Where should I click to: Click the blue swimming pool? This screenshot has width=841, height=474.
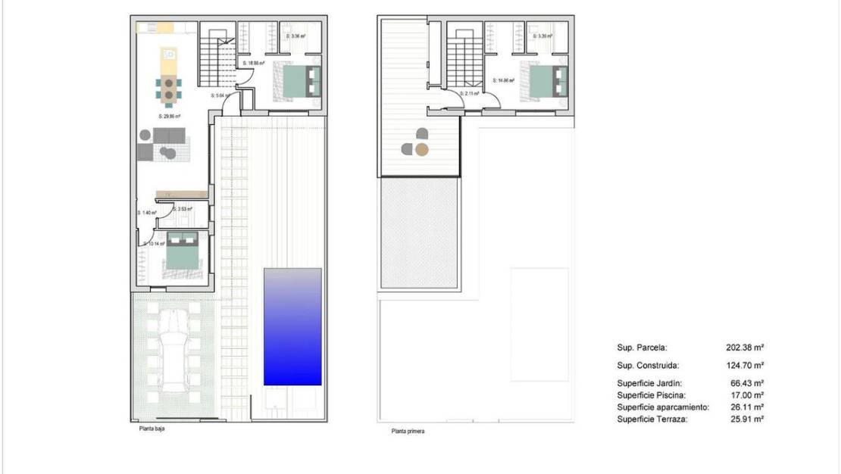coord(292,326)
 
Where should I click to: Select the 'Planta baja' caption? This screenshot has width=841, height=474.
coord(151,429)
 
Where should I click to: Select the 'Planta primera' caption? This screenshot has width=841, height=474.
coord(408,432)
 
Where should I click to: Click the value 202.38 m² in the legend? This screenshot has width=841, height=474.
coord(744,348)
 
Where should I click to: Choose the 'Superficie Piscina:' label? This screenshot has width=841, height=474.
coord(651,395)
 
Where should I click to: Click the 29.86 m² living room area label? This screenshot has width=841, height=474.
coord(171,117)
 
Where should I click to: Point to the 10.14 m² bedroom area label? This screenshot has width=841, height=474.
coord(154,244)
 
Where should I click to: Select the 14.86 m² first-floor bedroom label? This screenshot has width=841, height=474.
coord(503,80)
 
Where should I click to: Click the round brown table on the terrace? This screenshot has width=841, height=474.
coord(422,149)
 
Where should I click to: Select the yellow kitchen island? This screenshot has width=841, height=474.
coord(168,57)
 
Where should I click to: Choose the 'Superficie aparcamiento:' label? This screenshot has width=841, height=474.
coord(663,407)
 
